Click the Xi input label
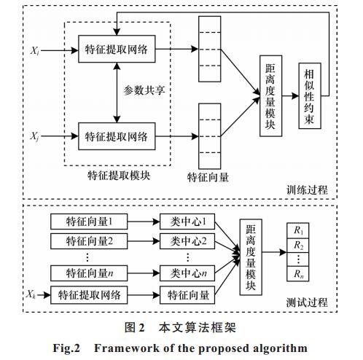(34, 51)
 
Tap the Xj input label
(34, 136)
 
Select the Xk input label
(31, 294)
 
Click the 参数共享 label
(144, 90)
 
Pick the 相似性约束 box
(310, 95)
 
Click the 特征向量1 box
(89, 222)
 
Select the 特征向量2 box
(89, 241)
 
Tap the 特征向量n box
(89, 273)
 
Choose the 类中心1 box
(187, 222)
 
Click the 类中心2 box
(187, 241)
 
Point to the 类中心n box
(187, 273)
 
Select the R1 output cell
(298, 230)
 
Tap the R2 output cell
(298, 246)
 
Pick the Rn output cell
(298, 274)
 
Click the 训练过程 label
(307, 190)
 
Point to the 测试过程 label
(307, 302)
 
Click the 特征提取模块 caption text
(119, 176)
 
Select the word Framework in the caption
(127, 348)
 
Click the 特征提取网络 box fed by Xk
(89, 295)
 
